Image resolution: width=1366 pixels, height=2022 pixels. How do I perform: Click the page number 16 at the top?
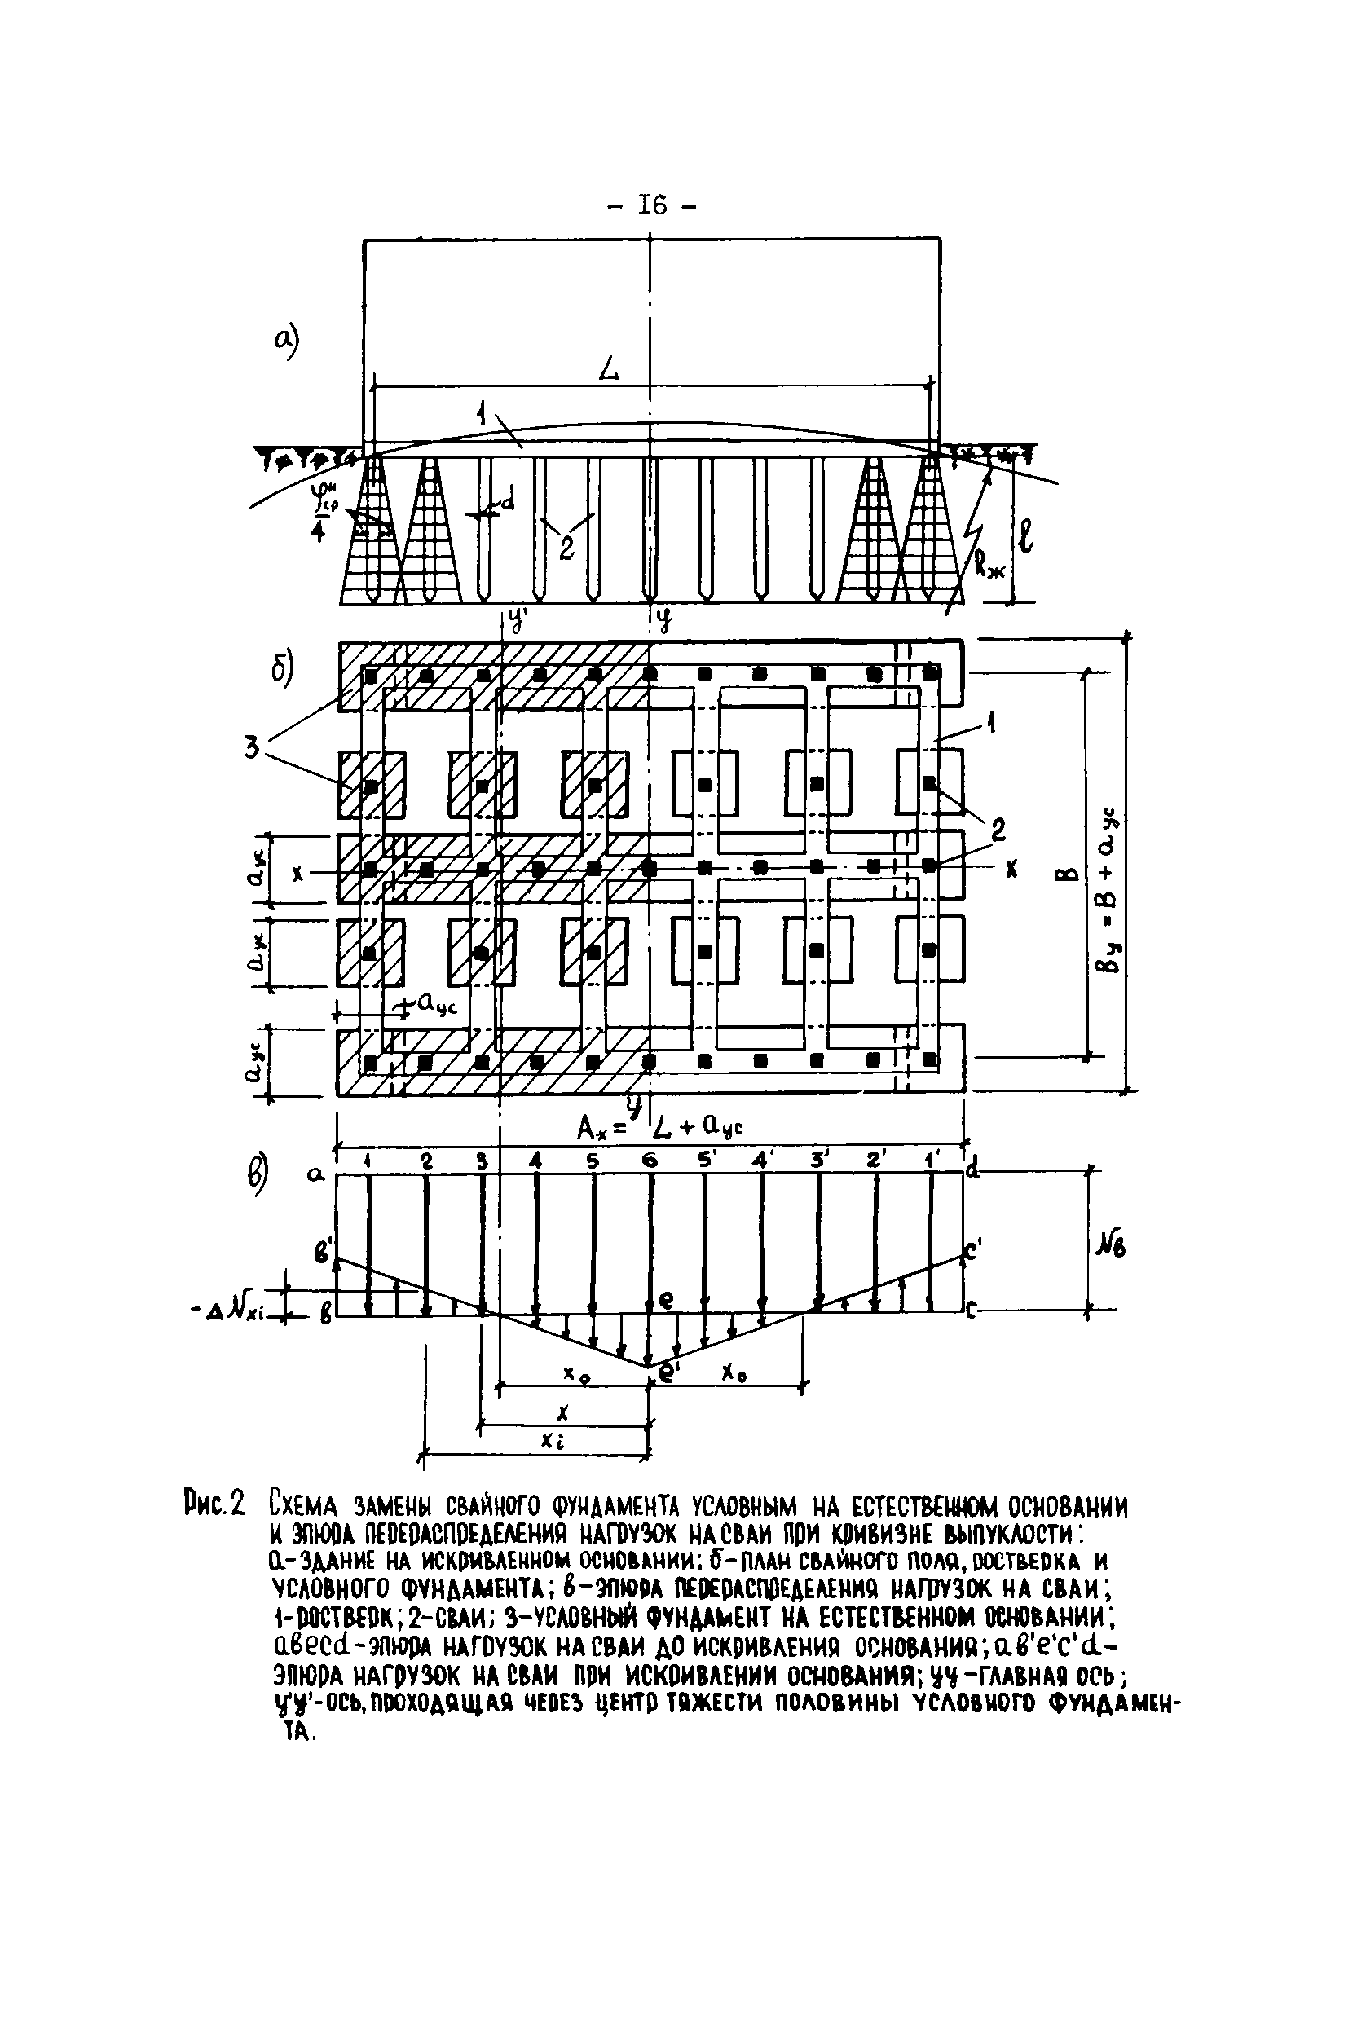point(652,205)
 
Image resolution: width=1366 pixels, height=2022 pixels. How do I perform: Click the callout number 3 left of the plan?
point(252,746)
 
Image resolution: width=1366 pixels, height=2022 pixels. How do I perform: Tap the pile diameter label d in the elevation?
point(508,500)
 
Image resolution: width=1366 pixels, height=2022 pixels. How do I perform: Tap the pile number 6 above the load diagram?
point(649,1161)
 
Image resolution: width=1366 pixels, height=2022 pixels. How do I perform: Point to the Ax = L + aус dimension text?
point(659,1128)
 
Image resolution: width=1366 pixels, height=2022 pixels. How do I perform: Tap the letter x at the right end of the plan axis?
point(1011,868)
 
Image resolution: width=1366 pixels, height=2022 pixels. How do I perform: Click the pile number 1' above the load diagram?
point(932,1161)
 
